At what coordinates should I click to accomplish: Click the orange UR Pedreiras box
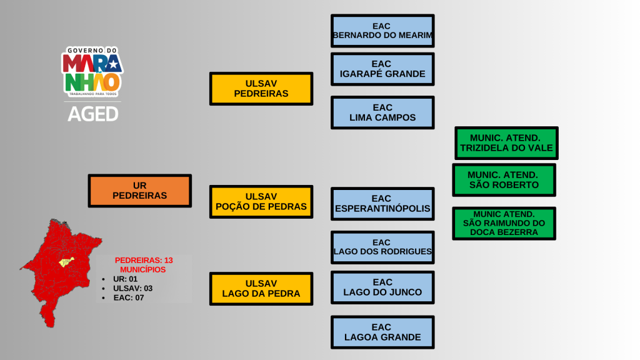click(139, 191)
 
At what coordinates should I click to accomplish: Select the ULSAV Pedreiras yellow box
click(261, 88)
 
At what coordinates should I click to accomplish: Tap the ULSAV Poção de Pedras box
click(261, 201)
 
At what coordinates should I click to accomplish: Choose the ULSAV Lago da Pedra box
click(261, 288)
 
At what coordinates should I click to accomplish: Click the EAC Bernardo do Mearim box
click(382, 31)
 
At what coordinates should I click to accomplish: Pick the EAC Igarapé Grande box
click(382, 69)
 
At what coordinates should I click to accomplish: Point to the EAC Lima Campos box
click(382, 112)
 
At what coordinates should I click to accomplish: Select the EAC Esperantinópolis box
click(382, 204)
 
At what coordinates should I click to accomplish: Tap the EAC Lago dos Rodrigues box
click(382, 247)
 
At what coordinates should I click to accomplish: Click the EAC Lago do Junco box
click(382, 287)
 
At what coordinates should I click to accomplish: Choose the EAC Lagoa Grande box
click(382, 332)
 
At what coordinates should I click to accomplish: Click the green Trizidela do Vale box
click(506, 143)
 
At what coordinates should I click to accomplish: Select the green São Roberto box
click(503, 180)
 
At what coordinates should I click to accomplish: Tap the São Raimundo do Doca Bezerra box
click(503, 223)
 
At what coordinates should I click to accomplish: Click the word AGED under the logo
click(92, 114)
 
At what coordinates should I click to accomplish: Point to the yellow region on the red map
click(66, 262)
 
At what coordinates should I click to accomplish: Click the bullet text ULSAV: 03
click(132, 288)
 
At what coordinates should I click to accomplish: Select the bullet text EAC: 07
click(129, 298)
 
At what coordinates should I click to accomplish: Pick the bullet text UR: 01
click(125, 279)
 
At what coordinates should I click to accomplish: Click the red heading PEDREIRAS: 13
click(144, 260)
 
